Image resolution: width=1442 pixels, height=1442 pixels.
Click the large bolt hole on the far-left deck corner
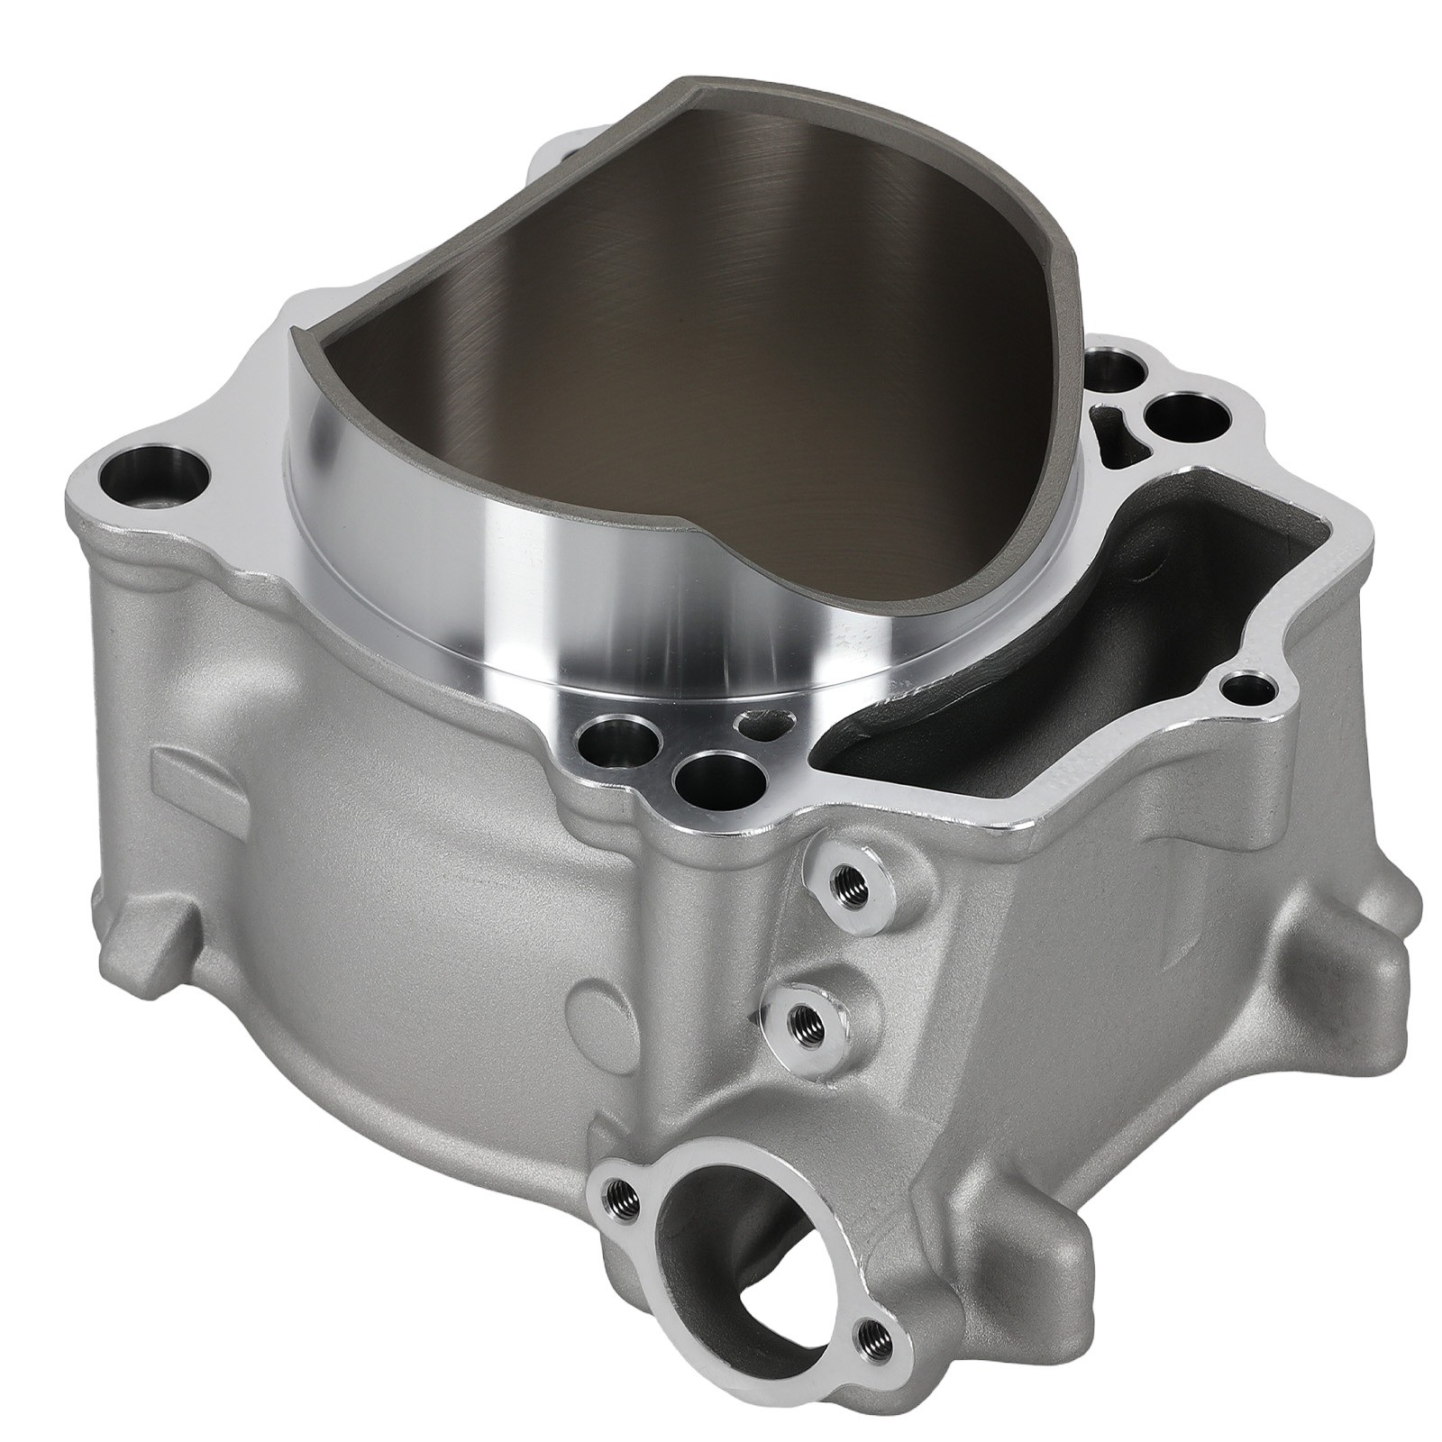[x=151, y=470]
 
